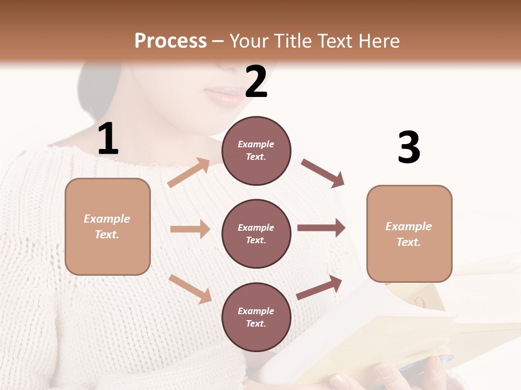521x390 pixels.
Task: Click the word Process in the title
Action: pyautogui.click(x=170, y=41)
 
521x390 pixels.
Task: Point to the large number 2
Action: pyautogui.click(x=256, y=81)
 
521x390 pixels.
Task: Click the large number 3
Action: pyautogui.click(x=409, y=147)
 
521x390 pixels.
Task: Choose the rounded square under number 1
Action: pyautogui.click(x=107, y=226)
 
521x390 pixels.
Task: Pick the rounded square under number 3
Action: pyautogui.click(x=409, y=234)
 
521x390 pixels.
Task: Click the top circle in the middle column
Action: pyautogui.click(x=256, y=151)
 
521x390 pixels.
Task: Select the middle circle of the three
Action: pyautogui.click(x=256, y=233)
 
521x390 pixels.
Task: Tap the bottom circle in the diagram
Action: pyautogui.click(x=256, y=317)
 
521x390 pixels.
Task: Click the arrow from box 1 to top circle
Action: pyautogui.click(x=189, y=173)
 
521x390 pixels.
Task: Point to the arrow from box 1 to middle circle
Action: pyautogui.click(x=190, y=229)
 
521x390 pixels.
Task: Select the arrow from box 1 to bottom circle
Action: pyautogui.click(x=190, y=289)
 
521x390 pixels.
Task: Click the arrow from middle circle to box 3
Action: pyautogui.click(x=321, y=228)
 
